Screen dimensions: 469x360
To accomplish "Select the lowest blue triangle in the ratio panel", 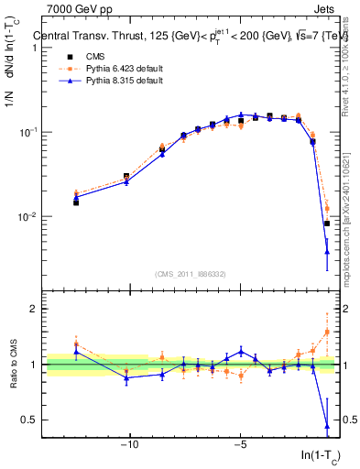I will [327, 426].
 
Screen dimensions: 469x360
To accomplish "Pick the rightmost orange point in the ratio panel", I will [327, 332].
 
